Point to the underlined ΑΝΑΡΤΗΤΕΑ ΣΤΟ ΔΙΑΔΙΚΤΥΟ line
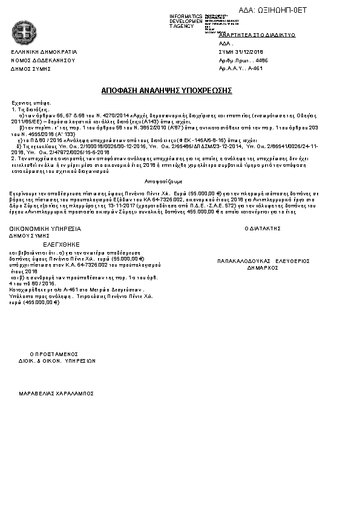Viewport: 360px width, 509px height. click(x=257, y=36)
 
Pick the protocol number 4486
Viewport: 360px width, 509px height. click(x=262, y=60)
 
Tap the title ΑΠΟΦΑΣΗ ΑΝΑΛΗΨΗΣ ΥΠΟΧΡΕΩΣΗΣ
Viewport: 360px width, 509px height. click(x=167, y=90)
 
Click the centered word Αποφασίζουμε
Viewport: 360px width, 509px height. click(x=164, y=181)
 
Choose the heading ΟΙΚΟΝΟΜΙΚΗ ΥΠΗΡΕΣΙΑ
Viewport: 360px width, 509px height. click(x=45, y=229)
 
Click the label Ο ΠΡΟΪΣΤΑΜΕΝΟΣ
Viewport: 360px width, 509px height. click(x=54, y=354)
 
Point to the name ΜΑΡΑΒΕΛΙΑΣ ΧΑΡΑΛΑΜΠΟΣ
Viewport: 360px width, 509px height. click(x=56, y=392)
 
